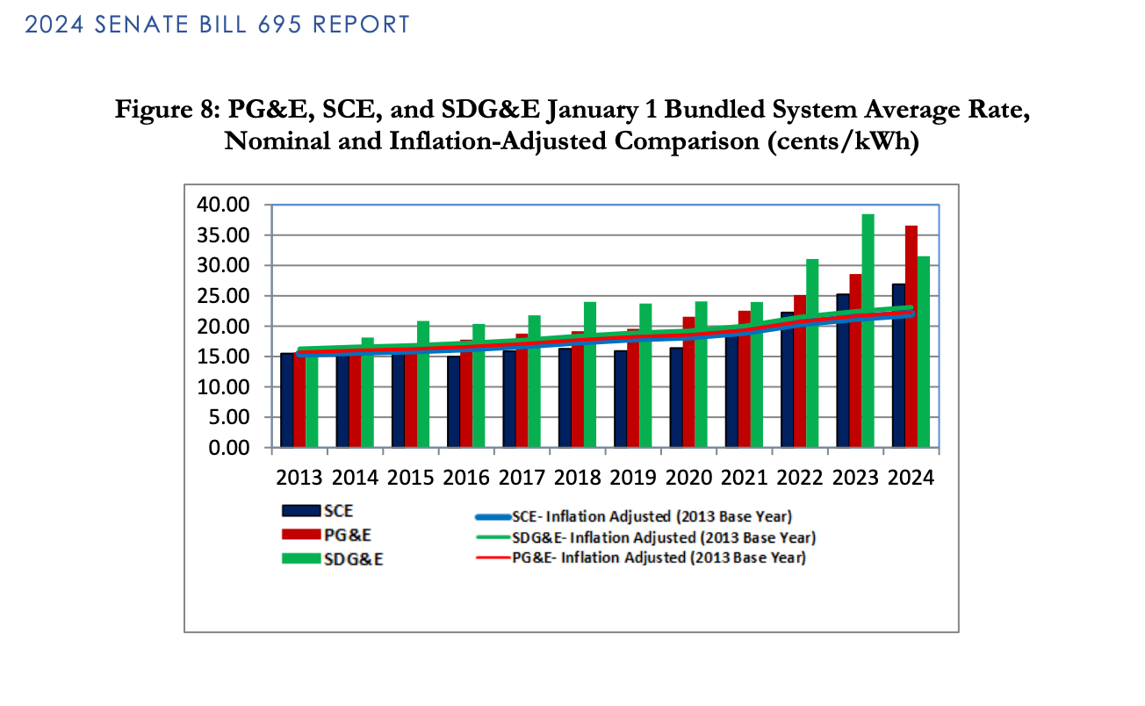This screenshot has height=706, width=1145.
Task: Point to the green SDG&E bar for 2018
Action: click(x=590, y=374)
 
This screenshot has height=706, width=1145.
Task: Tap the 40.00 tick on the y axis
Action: click(x=227, y=205)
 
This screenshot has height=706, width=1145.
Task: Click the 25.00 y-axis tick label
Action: click(x=227, y=296)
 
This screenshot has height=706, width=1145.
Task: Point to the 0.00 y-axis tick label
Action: click(x=231, y=448)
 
